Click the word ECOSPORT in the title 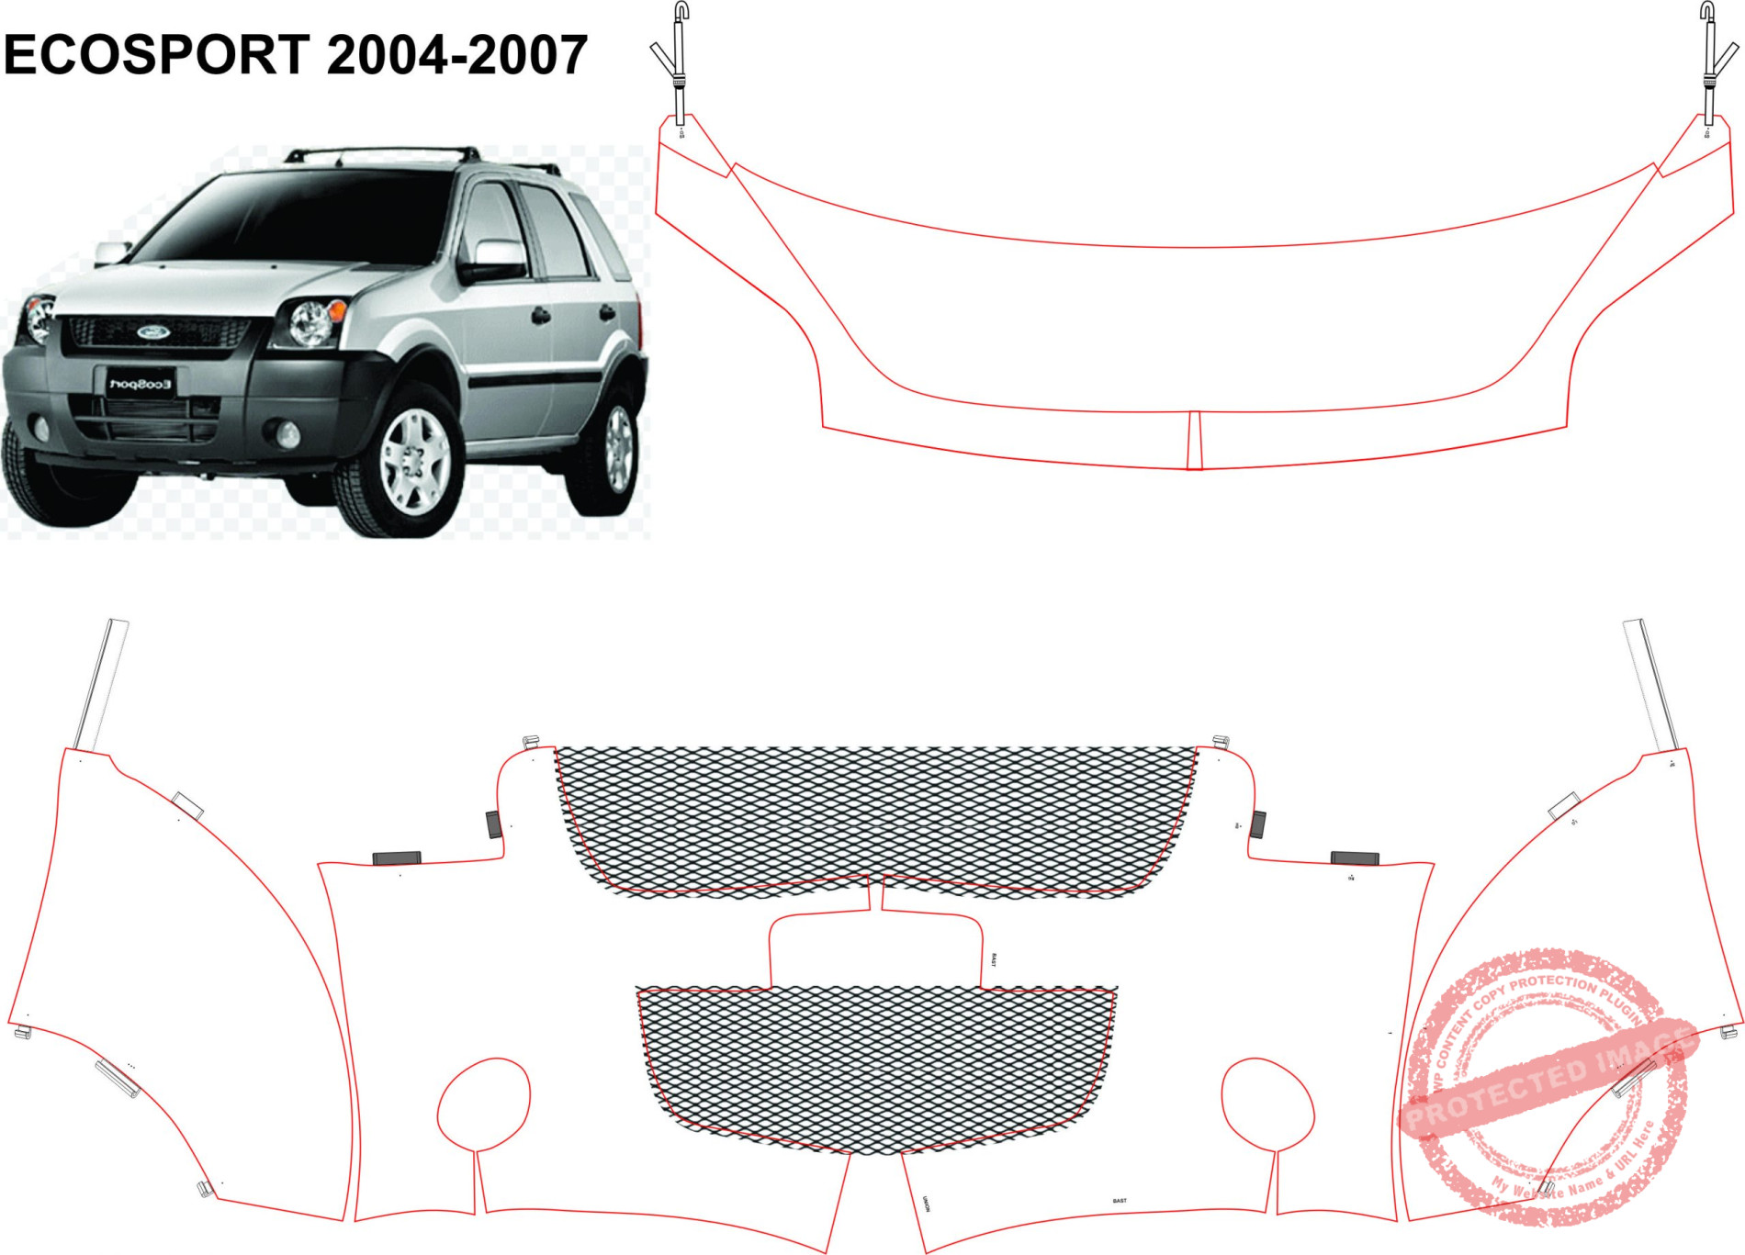point(157,55)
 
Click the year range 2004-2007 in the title point(456,55)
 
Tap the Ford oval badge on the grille point(153,331)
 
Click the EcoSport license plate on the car point(140,383)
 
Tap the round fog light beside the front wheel point(287,433)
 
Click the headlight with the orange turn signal point(315,321)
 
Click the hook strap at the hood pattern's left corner point(678,64)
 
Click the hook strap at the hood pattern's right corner point(1709,64)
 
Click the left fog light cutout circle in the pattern point(484,1104)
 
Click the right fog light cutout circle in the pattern point(1267,1104)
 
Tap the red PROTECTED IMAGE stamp point(1548,1083)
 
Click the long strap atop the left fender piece point(100,684)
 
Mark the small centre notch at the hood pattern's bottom point(1194,440)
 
